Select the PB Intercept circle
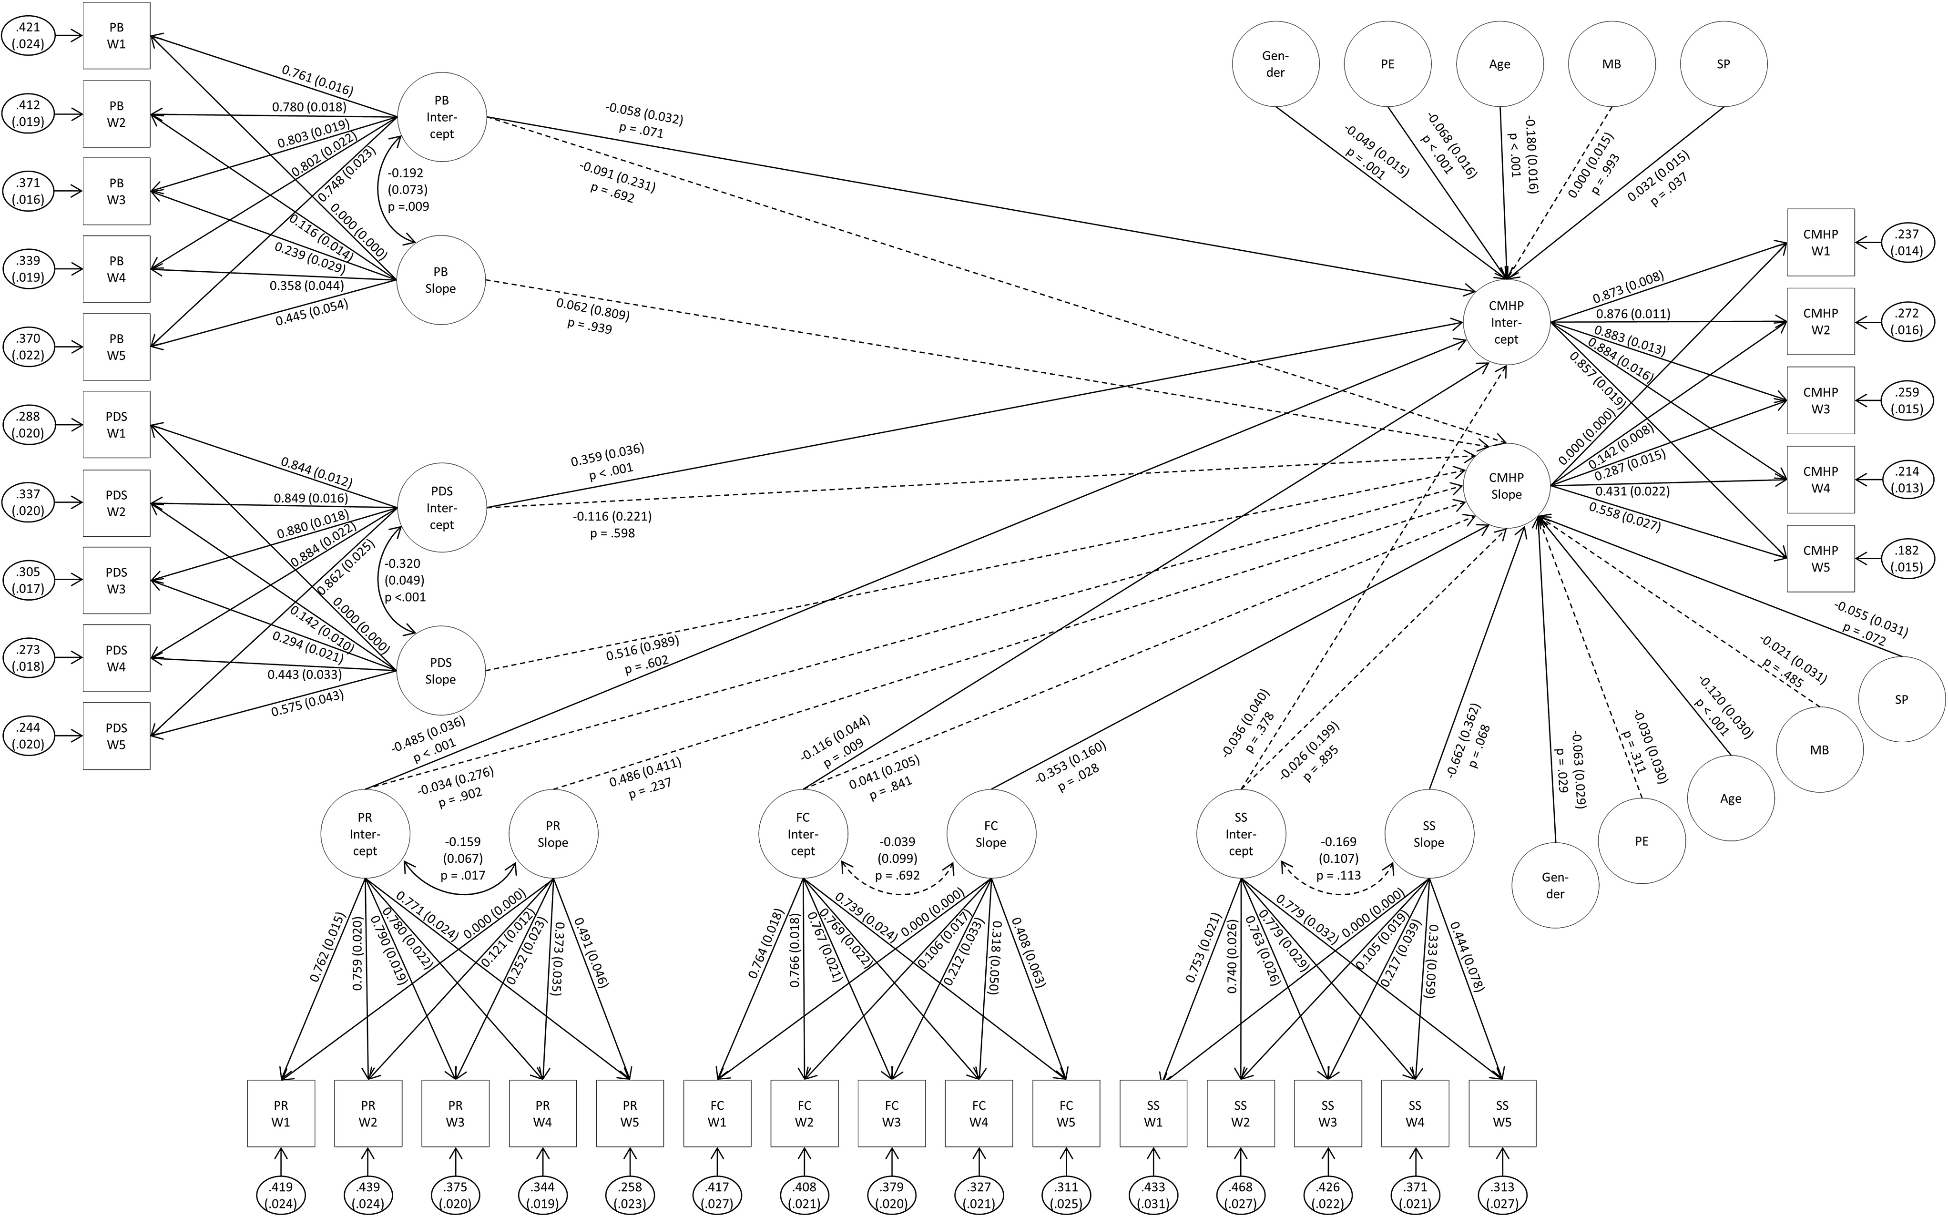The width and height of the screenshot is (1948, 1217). point(441,118)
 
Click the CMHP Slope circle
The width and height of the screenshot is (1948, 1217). point(1506,486)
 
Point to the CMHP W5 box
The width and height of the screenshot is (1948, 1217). point(1820,559)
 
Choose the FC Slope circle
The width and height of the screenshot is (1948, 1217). point(990,834)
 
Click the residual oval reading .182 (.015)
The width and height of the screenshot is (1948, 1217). point(1907,559)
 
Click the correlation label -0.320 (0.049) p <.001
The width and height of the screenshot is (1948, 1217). point(405,580)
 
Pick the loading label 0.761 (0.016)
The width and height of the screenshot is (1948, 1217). point(317,80)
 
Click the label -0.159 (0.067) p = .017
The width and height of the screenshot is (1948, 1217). point(463,858)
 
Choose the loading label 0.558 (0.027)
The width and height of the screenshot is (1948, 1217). point(1624,516)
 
